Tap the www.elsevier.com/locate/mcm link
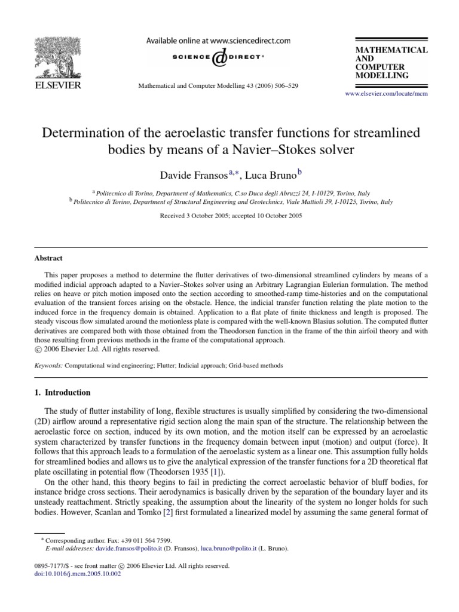(387, 94)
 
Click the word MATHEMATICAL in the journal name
(391, 50)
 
